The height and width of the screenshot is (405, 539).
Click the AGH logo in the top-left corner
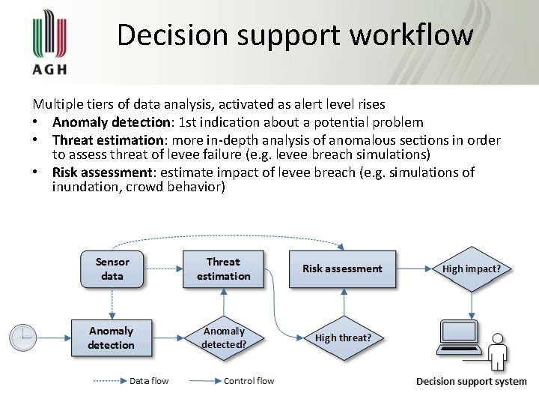point(50,43)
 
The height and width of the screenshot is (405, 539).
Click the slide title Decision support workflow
point(295,35)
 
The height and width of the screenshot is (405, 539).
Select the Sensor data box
point(112,269)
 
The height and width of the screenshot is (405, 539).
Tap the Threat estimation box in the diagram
point(223,269)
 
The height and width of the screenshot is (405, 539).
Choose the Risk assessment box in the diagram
point(342,268)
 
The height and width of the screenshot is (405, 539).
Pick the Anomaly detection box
point(112,337)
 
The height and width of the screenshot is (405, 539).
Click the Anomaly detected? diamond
point(224,337)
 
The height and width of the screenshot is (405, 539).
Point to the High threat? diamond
point(343,337)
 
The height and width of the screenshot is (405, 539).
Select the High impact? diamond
point(472,268)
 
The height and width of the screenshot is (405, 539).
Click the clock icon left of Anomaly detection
point(23,337)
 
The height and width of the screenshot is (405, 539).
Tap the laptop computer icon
point(460,339)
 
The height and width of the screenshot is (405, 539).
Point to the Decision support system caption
point(472,382)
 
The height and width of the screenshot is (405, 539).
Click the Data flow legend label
point(149,381)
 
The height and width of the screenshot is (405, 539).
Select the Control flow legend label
point(249,381)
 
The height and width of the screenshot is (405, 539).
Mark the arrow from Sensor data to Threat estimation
point(164,268)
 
